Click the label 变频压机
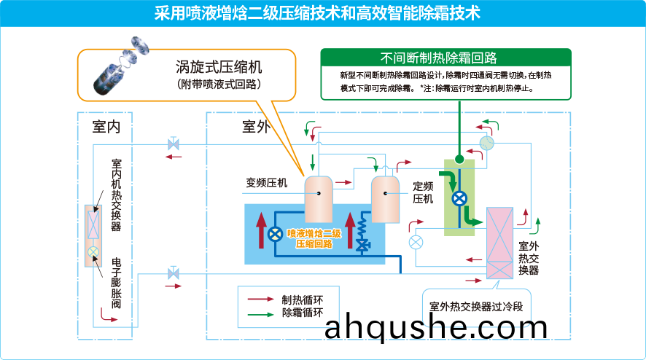pyautogui.click(x=267, y=182)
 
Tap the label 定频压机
pyautogui.click(x=423, y=193)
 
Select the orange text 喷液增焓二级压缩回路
pyautogui.click(x=314, y=239)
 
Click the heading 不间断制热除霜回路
pyautogui.click(x=438, y=58)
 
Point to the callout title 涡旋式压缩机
pyautogui.click(x=219, y=67)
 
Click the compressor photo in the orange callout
pyautogui.click(x=120, y=65)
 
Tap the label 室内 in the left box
pyautogui.click(x=106, y=127)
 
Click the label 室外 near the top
pyautogui.click(x=256, y=127)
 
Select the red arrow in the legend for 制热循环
pyautogui.click(x=260, y=299)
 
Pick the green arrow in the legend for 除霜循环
pyautogui.click(x=260, y=314)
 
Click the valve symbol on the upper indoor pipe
pyautogui.click(x=174, y=144)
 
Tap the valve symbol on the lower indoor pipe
pyautogui.click(x=174, y=273)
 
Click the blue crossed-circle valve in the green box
pyautogui.click(x=459, y=198)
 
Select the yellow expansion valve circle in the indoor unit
pyautogui.click(x=93, y=252)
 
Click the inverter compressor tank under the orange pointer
pyautogui.click(x=319, y=200)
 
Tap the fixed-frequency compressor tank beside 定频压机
pyautogui.click(x=385, y=200)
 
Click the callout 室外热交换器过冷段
pyautogui.click(x=476, y=307)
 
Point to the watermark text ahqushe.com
pyautogui.click(x=436, y=327)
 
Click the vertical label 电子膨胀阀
pyautogui.click(x=116, y=283)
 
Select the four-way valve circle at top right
pyautogui.click(x=486, y=144)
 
